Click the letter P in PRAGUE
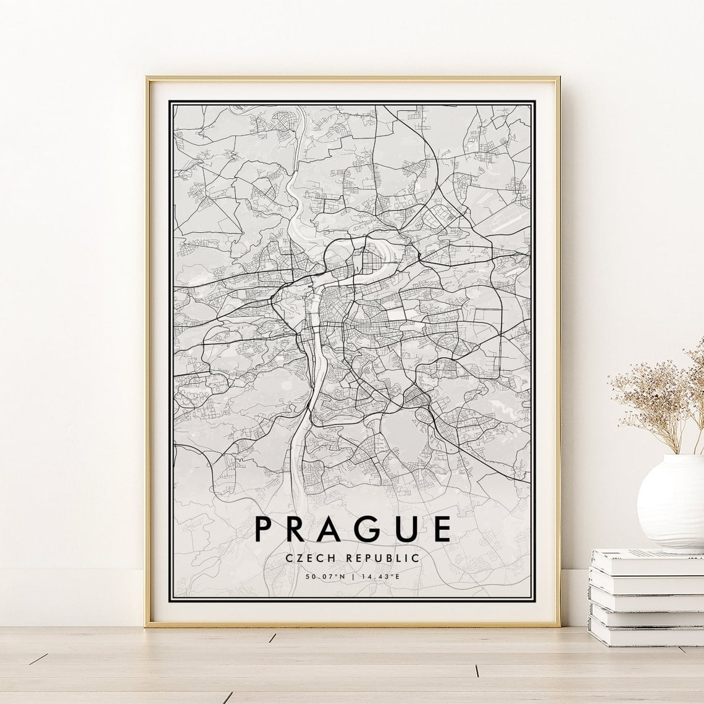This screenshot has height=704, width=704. (263, 529)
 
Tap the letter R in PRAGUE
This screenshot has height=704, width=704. (299, 529)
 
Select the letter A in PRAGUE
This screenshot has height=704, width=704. (336, 529)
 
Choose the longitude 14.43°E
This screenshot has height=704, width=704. (381, 577)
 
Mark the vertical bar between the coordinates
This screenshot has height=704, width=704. (353, 577)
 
